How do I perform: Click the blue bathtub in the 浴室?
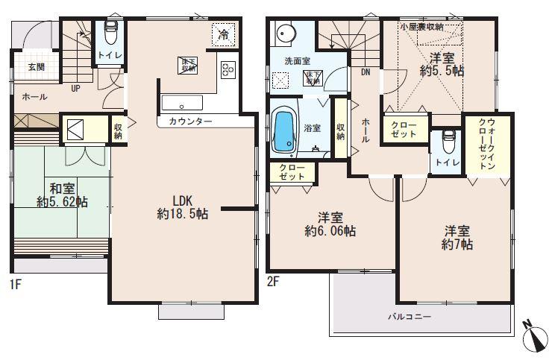pos(283,131)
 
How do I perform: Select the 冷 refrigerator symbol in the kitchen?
pos(224,34)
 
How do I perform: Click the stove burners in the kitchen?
pos(228,70)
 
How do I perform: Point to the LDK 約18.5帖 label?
pos(183,207)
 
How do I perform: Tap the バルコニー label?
pos(409,318)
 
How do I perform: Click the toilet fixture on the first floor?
pos(110,34)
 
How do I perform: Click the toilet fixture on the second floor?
pos(448,141)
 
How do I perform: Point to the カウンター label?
pos(189,121)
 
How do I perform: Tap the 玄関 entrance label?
pos(36,67)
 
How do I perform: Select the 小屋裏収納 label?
pos(421,27)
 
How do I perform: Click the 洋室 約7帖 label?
pos(458,237)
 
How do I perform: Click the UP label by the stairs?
pos(75,88)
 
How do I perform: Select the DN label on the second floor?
pos(366,73)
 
